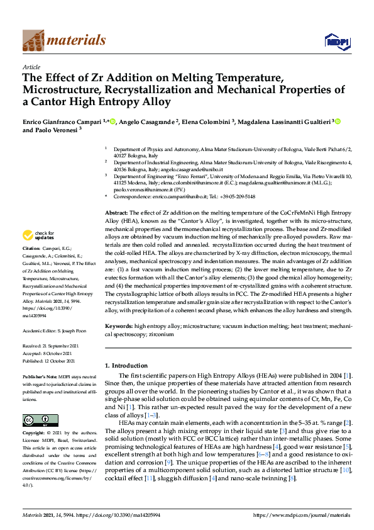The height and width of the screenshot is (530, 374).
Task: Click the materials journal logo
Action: [63, 41]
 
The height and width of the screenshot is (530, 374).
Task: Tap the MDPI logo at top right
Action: [336, 41]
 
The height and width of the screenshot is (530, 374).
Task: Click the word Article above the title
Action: [31, 67]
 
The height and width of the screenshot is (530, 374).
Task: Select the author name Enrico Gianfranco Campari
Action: [62, 121]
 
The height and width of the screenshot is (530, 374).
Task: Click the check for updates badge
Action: [37, 235]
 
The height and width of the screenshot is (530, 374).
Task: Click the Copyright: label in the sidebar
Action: [35, 434]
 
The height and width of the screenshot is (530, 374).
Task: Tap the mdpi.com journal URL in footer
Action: [300, 515]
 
